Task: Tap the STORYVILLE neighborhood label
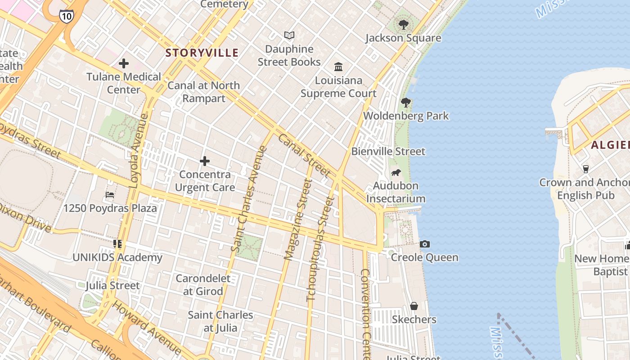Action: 202,53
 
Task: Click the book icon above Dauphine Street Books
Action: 289,35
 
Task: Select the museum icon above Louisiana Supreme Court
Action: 338,67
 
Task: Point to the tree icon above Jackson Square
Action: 403,24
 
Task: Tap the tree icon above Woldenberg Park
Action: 406,103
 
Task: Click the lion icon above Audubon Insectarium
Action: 396,173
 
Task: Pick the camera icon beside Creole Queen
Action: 424,244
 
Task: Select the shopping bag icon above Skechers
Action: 414,306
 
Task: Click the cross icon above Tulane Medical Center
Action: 124,63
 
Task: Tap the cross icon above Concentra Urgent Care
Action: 205,161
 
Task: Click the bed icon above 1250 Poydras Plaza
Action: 110,195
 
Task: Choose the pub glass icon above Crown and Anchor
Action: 586,169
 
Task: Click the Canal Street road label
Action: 305,155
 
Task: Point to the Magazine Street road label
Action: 298,219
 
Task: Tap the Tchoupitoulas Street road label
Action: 321,249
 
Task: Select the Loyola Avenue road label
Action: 139,151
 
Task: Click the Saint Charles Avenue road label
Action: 249,198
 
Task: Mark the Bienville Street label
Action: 388,152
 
